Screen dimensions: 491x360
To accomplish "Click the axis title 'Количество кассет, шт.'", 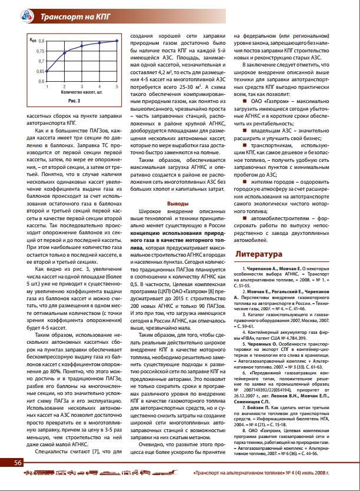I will (x=82, y=93).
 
